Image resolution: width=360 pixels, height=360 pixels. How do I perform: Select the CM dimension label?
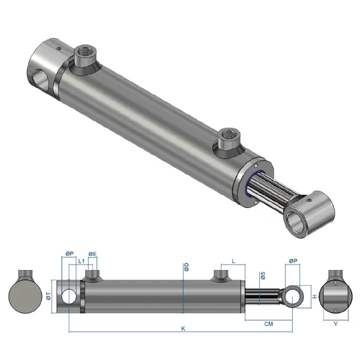pos(269,324)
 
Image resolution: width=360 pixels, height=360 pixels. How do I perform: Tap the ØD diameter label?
pos(187,266)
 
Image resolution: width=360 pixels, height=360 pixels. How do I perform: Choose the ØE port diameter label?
pos(92,254)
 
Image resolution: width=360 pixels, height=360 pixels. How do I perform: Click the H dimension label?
pos(313,296)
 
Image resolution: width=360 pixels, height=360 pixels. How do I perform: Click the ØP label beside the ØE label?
pos(69,254)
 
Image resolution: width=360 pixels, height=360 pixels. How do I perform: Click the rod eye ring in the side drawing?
pos(293,296)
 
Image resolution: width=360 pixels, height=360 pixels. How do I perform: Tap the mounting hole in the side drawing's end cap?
pos(69,296)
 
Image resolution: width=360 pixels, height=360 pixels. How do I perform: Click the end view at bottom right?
pos(335,294)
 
